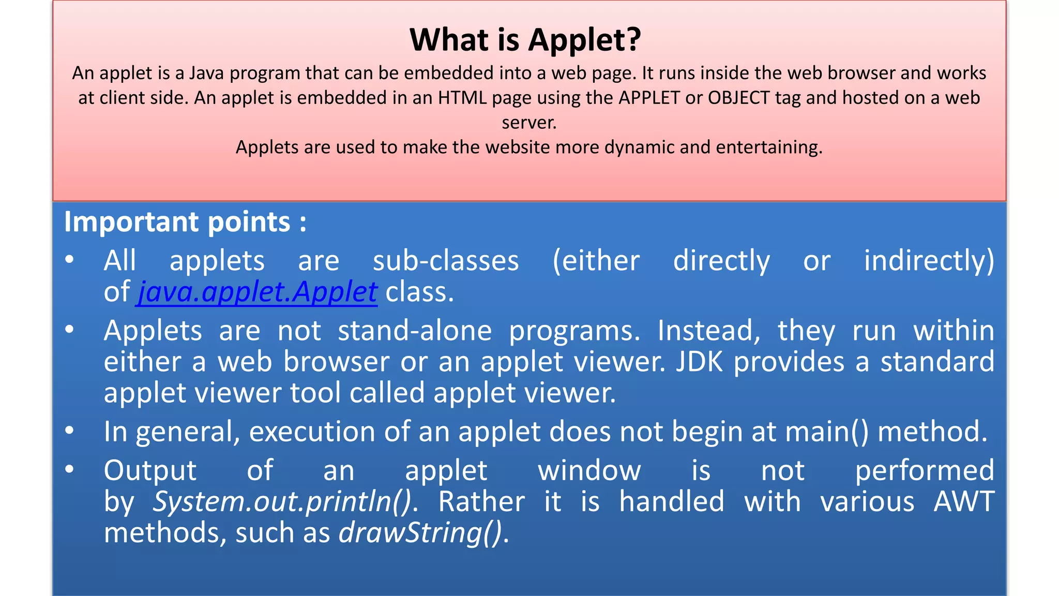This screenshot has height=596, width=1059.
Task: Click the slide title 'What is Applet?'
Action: click(x=525, y=40)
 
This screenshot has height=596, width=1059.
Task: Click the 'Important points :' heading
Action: click(x=185, y=222)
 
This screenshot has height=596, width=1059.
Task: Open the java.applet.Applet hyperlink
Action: click(x=257, y=292)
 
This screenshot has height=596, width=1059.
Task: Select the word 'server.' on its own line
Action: click(x=529, y=123)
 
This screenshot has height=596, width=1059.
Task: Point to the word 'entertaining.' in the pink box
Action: click(x=769, y=147)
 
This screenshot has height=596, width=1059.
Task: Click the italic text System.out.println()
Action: click(x=282, y=501)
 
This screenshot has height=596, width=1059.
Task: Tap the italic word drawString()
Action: click(x=420, y=533)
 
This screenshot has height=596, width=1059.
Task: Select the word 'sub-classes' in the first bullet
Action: click(x=446, y=261)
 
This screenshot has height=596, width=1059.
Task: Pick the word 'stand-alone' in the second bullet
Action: click(x=415, y=331)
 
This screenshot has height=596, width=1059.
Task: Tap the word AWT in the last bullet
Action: click(x=964, y=501)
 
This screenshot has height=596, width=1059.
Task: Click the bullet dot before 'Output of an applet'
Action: click(x=70, y=469)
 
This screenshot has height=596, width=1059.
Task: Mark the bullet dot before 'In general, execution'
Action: click(x=70, y=430)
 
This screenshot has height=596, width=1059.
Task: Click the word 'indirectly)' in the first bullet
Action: click(x=929, y=261)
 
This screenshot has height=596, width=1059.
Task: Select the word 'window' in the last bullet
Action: click(x=589, y=471)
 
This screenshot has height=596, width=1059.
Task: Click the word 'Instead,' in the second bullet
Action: click(x=709, y=331)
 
